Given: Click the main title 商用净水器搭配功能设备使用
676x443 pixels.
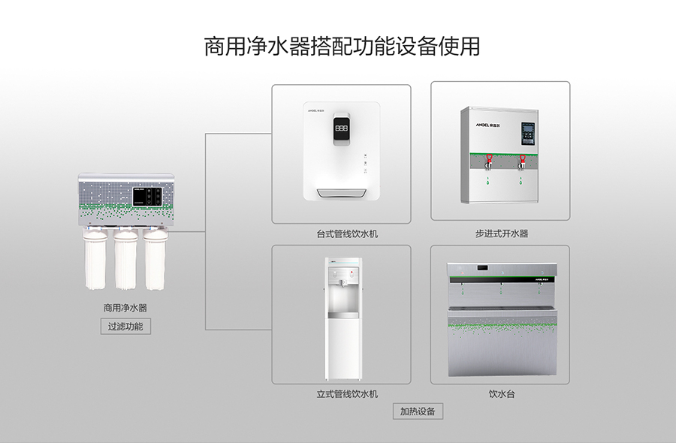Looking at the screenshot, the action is click(342, 46).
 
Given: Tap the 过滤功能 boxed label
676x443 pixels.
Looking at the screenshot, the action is click(125, 326).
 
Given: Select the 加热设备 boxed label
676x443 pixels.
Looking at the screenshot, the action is click(418, 411).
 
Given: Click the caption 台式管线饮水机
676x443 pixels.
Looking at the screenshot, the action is click(347, 234).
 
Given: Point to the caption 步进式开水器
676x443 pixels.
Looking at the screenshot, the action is click(502, 234).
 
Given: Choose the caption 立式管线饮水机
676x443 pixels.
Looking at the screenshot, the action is click(347, 394).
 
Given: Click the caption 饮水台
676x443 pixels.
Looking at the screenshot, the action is click(502, 394).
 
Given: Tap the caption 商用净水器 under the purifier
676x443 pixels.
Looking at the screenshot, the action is click(125, 308).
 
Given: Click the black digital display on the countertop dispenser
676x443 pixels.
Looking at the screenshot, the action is click(342, 128).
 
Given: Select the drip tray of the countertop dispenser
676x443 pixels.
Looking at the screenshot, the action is click(342, 194).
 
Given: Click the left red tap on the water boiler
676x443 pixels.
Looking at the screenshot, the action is click(489, 161).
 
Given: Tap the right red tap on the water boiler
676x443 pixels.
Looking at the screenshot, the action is click(522, 161).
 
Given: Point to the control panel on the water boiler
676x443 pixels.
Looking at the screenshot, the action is click(528, 134).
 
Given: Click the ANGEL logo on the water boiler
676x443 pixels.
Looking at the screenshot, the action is click(488, 125).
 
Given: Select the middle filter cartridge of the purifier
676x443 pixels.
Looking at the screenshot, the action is click(125, 259).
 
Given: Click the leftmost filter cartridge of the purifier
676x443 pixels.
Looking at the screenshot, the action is click(95, 259).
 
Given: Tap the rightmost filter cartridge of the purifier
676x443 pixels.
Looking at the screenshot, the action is click(155, 259).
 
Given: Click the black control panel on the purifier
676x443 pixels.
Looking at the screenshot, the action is click(147, 196).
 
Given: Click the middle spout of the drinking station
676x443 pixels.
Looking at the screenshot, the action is click(502, 285).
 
